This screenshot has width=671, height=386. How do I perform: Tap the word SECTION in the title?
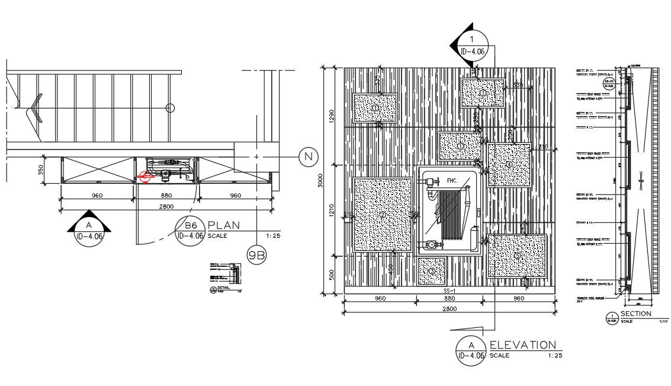(x=635, y=314)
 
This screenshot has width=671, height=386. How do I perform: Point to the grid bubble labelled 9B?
(x=256, y=256)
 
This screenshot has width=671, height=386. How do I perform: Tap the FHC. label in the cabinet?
(x=452, y=180)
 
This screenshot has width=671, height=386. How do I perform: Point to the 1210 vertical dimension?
(x=332, y=209)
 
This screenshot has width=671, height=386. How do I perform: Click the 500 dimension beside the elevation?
(x=332, y=275)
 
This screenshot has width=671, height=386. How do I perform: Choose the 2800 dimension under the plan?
(x=165, y=205)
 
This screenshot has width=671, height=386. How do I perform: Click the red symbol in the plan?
(x=144, y=176)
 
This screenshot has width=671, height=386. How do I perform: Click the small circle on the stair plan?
(x=171, y=108)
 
